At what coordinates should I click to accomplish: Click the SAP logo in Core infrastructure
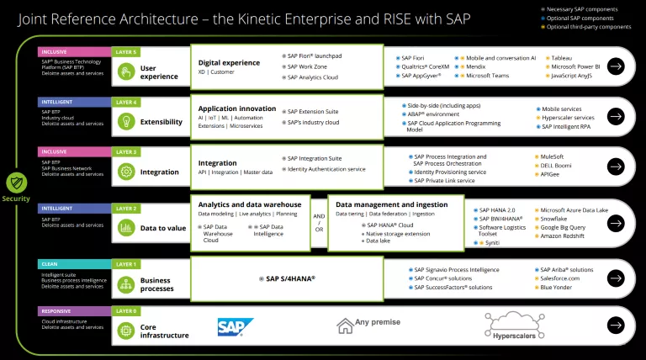[x=230, y=326]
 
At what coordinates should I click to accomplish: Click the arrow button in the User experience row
[x=617, y=66]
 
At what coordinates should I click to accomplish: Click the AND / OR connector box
[x=319, y=223]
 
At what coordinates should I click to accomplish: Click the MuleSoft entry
[x=554, y=156]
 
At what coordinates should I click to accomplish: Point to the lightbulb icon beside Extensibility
[x=126, y=121]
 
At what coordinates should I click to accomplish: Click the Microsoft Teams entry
[x=488, y=75]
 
